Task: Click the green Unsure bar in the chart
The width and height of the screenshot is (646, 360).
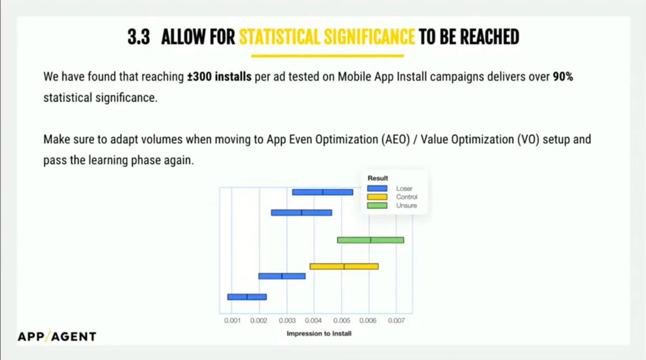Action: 371,240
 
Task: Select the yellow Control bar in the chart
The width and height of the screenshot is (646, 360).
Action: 344,266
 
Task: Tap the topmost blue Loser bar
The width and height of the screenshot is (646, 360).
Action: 322,192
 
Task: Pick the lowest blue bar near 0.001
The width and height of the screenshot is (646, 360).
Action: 247,297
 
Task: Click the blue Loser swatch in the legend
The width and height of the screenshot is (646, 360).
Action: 377,188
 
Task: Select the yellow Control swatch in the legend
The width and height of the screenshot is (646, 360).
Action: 377,197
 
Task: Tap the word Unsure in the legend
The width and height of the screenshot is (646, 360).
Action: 406,206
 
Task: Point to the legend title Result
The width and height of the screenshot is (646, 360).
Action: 378,178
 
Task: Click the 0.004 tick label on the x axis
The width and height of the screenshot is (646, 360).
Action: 313,321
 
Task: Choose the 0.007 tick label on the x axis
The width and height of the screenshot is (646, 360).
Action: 396,321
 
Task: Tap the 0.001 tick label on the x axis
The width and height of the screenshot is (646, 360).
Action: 232,321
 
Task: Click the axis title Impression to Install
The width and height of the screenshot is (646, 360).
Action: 319,333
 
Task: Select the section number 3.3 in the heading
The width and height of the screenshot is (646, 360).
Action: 139,37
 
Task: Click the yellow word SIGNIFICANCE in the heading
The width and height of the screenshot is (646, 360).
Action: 369,37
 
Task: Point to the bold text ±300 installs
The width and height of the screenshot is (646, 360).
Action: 219,77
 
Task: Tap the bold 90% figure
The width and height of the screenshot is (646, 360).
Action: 563,77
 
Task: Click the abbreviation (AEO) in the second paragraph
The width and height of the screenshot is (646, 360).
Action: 396,140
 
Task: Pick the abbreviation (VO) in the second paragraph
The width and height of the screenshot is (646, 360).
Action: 528,140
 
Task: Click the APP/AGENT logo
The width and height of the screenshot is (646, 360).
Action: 57,336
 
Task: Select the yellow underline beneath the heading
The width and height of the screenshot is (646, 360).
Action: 327,56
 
